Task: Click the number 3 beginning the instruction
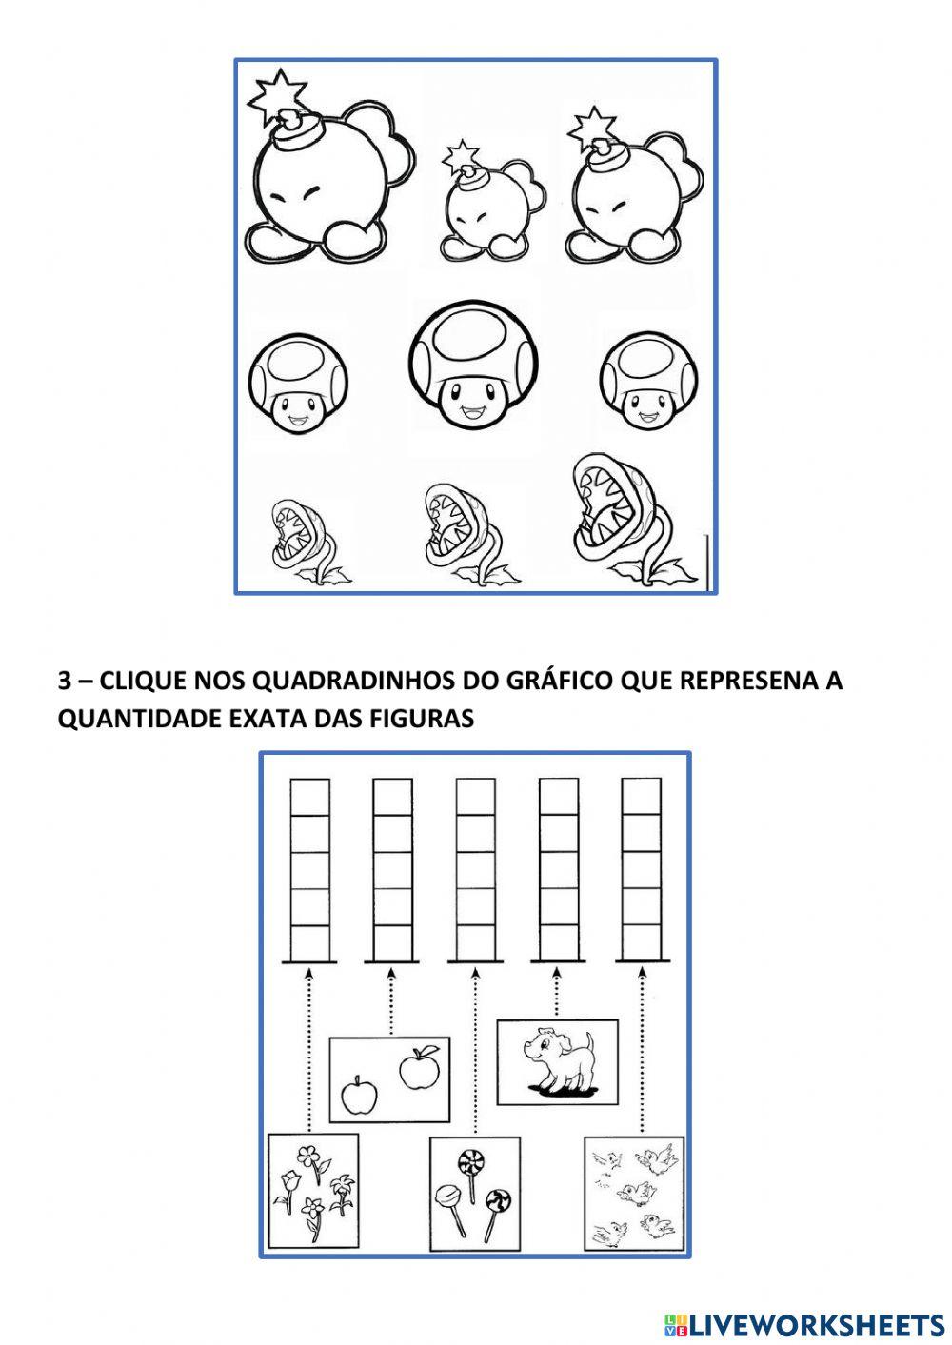coord(65,682)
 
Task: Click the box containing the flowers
coord(313,1190)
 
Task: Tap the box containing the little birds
coord(633,1193)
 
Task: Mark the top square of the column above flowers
coord(309,798)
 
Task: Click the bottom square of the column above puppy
coord(559,941)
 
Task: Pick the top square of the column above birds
coord(641,798)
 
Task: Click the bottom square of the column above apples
coord(392,941)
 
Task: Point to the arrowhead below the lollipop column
coord(475,972)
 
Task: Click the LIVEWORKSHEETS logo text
coord(815,1325)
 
